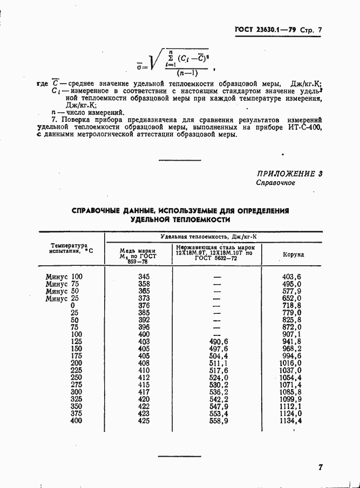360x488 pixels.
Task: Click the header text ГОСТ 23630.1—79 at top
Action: tap(264, 31)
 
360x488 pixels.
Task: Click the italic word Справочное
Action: tap(275, 183)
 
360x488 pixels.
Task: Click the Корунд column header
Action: tap(294, 254)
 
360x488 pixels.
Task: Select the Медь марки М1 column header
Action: tap(138, 254)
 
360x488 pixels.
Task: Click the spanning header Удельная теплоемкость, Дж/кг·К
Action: tap(213, 237)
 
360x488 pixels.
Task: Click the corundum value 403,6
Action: tap(291, 277)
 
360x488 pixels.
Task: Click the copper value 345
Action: tap(144, 277)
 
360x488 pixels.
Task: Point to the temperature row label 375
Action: tap(76, 413)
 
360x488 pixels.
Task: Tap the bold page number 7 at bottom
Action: tap(321, 468)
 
